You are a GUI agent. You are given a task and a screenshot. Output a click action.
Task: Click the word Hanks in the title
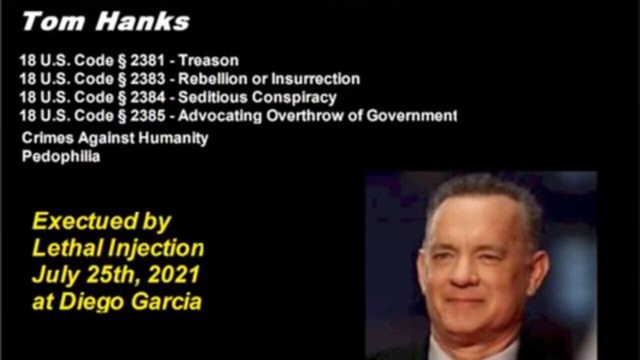[x=142, y=21]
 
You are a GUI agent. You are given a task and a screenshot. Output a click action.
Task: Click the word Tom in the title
[x=53, y=21]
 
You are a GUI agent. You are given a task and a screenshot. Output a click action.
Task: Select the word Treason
[x=208, y=60]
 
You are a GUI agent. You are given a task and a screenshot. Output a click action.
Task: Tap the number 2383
[x=147, y=79]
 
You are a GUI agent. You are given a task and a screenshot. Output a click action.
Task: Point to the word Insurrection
[x=315, y=79]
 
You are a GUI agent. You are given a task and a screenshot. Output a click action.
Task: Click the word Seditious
[x=212, y=97]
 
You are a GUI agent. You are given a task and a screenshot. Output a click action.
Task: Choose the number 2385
[x=147, y=115]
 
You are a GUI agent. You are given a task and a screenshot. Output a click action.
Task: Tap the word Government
[x=411, y=115]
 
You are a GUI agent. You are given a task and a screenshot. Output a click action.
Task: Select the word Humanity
[x=173, y=138]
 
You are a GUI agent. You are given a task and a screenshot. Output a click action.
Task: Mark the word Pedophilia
[x=61, y=157]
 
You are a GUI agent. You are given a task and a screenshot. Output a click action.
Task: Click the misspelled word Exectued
[x=85, y=221]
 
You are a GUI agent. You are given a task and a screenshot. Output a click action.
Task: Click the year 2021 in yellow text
[x=174, y=274]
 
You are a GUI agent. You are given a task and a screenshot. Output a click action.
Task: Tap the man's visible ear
[x=538, y=271]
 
